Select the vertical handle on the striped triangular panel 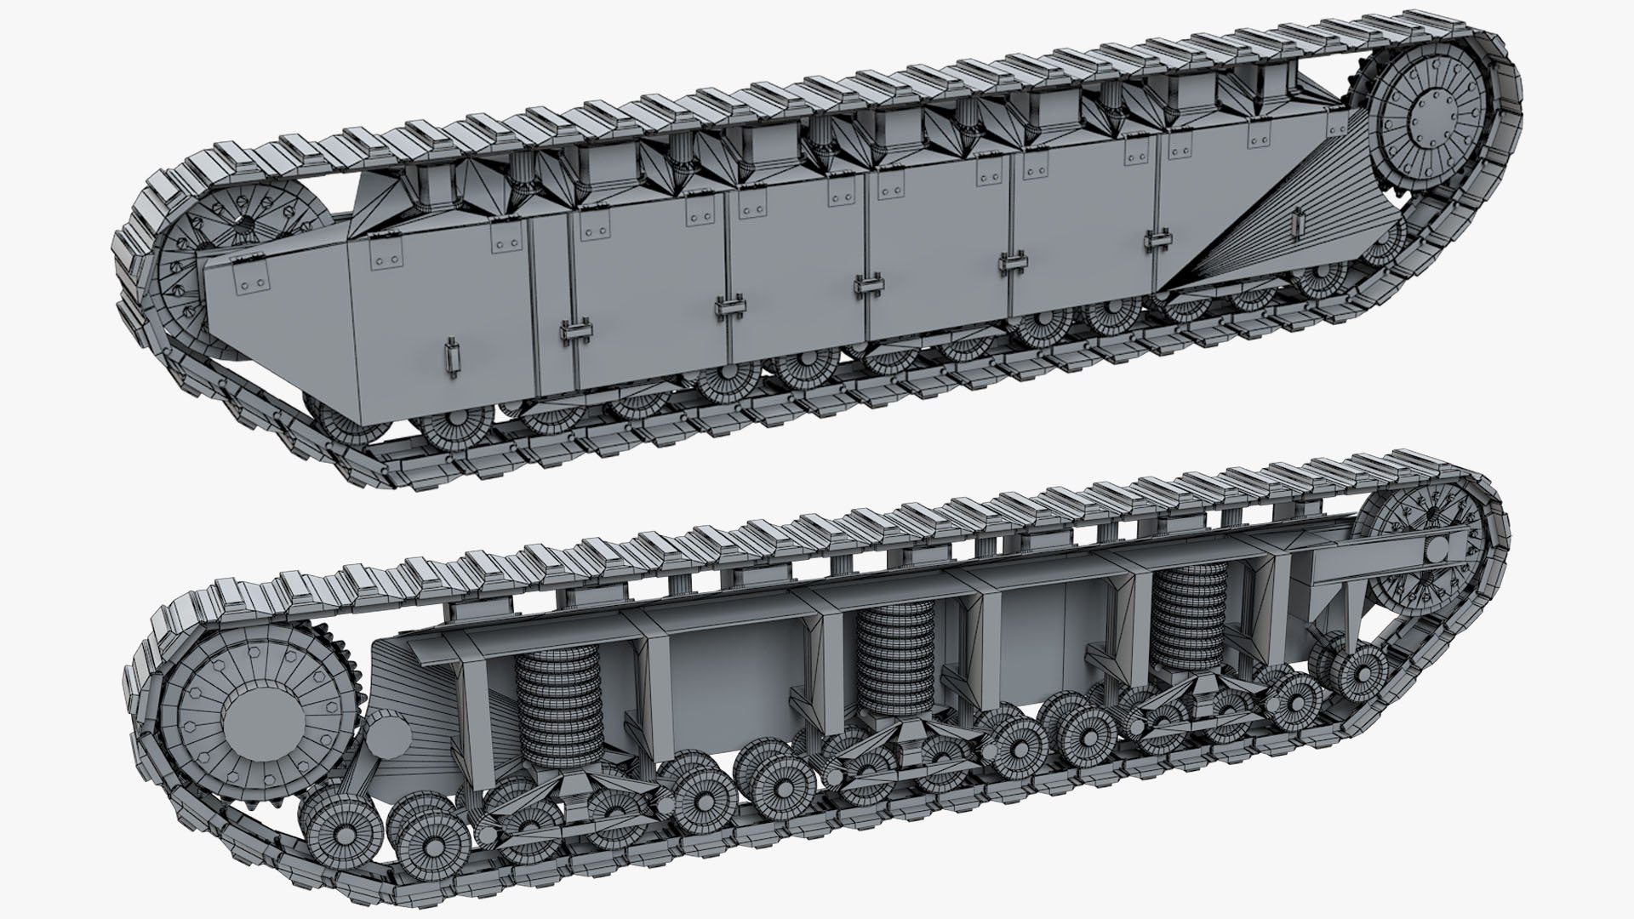pos(1296,224)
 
